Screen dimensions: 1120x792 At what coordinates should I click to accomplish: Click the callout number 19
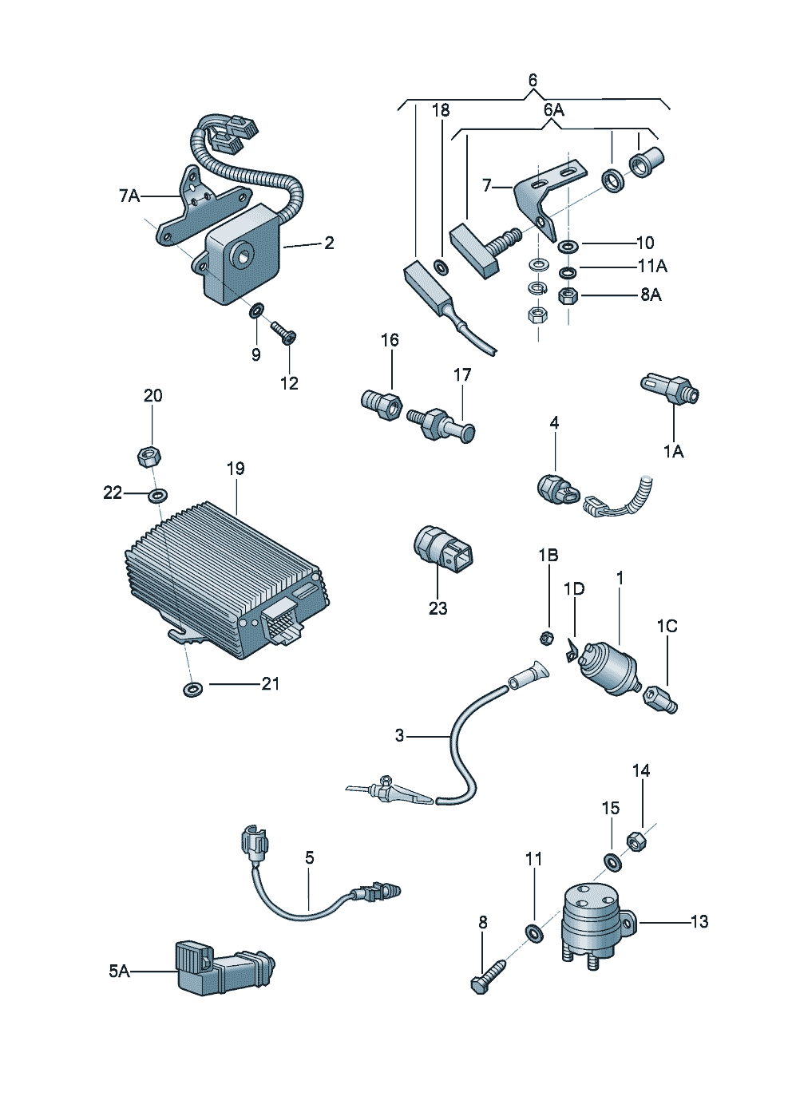coord(236,469)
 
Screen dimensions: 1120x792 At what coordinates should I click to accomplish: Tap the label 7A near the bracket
coord(129,196)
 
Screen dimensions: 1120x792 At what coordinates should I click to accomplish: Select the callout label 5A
coord(119,971)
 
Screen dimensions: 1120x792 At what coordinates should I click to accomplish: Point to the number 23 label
coord(438,608)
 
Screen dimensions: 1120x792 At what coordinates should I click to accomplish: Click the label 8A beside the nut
coord(651,295)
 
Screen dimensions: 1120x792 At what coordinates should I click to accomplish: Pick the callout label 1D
coord(574,589)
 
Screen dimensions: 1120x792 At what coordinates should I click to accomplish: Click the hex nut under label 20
coord(148,457)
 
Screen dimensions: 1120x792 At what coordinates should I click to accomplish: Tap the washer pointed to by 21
coord(192,688)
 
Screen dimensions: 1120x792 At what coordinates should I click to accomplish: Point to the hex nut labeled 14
coord(636,841)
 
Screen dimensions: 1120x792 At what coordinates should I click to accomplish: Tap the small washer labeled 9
coord(257,310)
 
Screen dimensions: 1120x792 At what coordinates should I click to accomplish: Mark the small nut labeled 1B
coord(547,637)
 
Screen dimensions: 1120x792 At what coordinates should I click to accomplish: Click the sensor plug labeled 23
coord(443,550)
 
